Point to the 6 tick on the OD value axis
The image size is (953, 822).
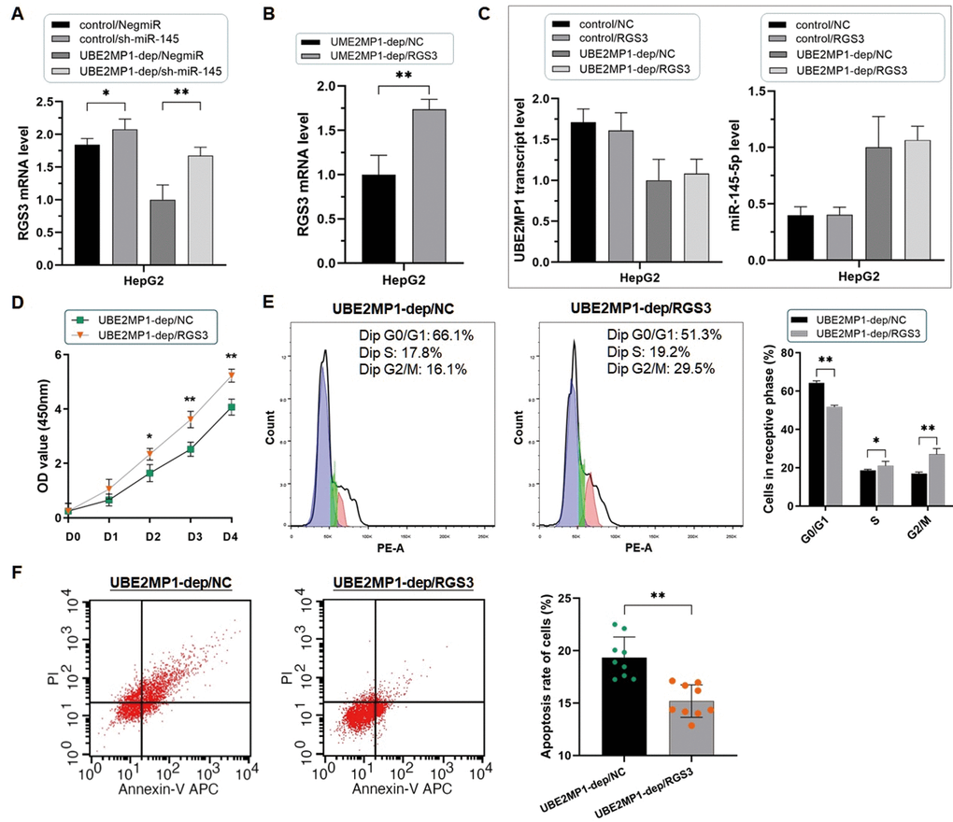(57, 354)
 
